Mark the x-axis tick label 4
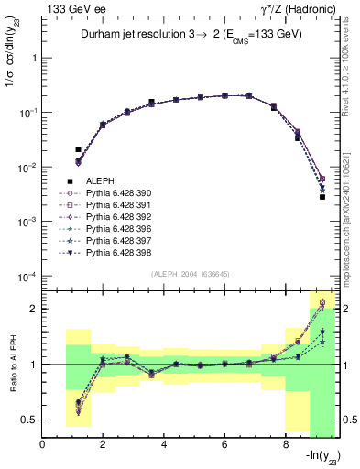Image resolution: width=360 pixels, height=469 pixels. tap(163, 446)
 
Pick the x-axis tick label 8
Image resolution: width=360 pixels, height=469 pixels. tap(285, 446)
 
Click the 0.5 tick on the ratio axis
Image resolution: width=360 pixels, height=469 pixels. tap(33, 420)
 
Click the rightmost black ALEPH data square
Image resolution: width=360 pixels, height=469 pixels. tap(322, 196)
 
